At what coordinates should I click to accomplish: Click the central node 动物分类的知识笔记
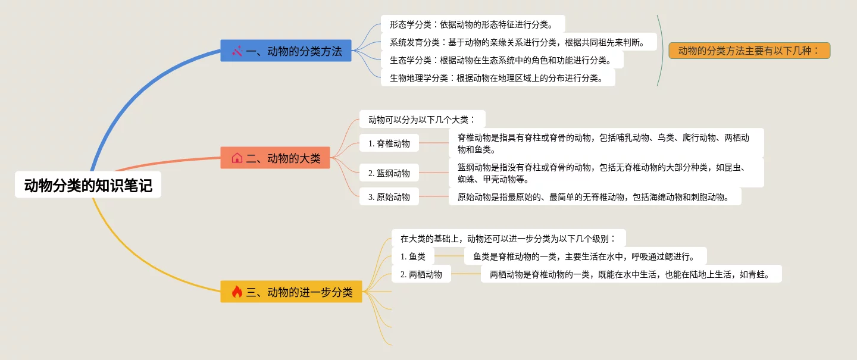[x=88, y=186]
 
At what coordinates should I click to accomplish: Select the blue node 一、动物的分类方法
[x=286, y=51]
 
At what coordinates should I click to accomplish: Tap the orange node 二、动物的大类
[x=275, y=158]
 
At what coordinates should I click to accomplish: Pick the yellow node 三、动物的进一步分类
[x=291, y=292]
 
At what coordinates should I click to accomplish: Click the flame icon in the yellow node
[x=237, y=292]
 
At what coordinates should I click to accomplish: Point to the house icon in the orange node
[x=237, y=158]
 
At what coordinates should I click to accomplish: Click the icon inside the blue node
[x=237, y=51]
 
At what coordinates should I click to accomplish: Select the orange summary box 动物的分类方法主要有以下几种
[x=749, y=51]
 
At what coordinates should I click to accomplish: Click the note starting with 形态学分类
[x=473, y=24]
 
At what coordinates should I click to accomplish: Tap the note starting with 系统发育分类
[x=518, y=42]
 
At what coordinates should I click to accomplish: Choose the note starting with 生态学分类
[x=502, y=60]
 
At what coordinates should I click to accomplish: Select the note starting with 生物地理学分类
[x=498, y=77]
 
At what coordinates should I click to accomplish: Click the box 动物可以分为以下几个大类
[x=422, y=119]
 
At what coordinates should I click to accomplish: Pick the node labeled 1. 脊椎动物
[x=389, y=143]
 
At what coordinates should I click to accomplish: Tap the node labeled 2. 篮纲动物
[x=389, y=173]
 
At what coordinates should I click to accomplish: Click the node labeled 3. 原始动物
[x=389, y=197]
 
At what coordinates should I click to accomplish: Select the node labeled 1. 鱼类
[x=413, y=256]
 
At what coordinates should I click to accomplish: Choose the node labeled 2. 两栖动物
[x=421, y=274]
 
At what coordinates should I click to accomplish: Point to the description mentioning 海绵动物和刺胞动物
[x=595, y=197]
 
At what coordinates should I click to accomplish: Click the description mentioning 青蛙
[x=631, y=274]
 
